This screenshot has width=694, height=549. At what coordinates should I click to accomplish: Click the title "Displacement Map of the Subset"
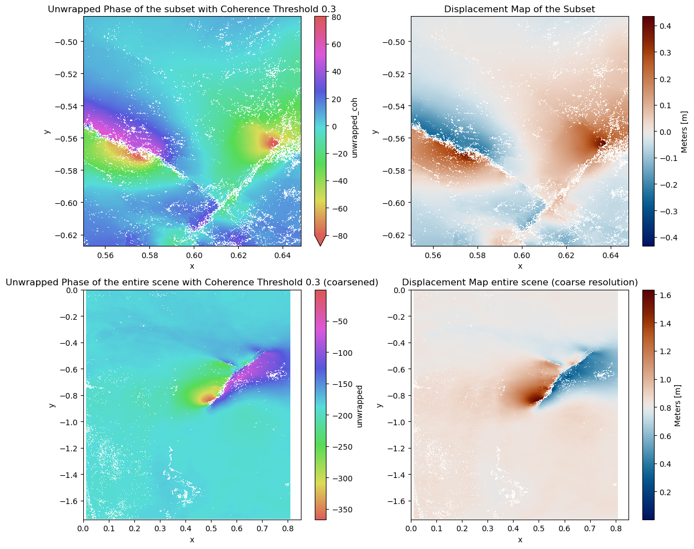(520, 9)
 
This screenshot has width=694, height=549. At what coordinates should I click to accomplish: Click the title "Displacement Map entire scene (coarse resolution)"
(520, 283)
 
